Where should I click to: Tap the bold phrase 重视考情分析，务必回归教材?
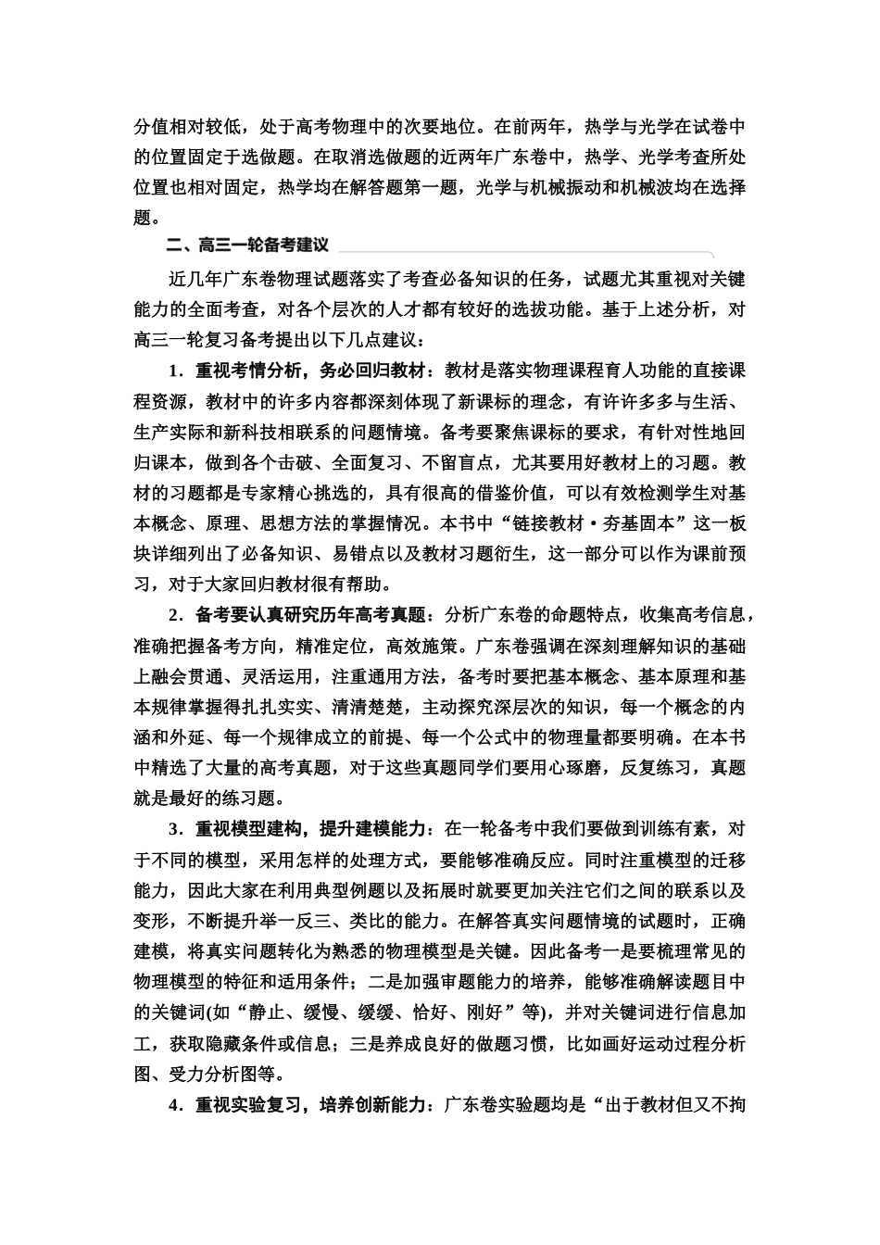[314, 371]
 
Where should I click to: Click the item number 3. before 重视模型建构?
[175, 828]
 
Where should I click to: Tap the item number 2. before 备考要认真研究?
[175, 615]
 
